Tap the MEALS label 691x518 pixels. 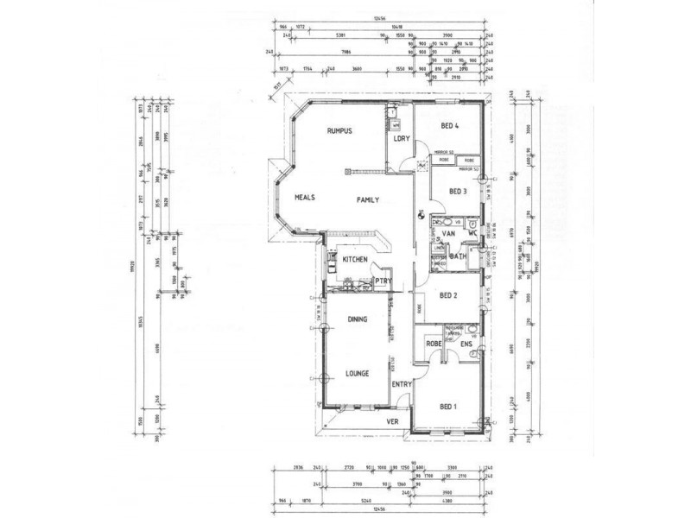point(303,197)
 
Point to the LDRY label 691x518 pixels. point(400,139)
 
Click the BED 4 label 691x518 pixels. point(449,126)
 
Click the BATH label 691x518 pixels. point(458,256)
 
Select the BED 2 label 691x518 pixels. point(448,295)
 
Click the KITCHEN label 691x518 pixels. point(356,260)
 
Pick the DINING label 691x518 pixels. point(358,319)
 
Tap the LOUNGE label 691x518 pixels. point(358,373)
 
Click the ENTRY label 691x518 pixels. point(401,384)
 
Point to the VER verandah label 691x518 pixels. point(391,421)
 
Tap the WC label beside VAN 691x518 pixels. point(472,234)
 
